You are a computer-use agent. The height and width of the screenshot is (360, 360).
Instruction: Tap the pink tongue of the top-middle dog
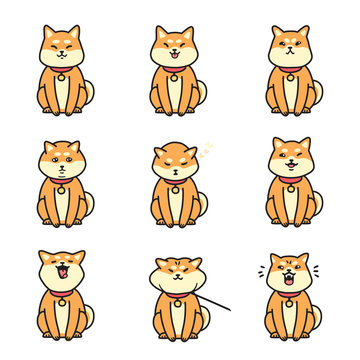[x=174, y=57]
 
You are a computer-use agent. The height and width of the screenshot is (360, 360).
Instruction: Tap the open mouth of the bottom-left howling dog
[x=62, y=271]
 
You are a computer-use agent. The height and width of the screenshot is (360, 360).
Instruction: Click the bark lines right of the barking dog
[x=317, y=271]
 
